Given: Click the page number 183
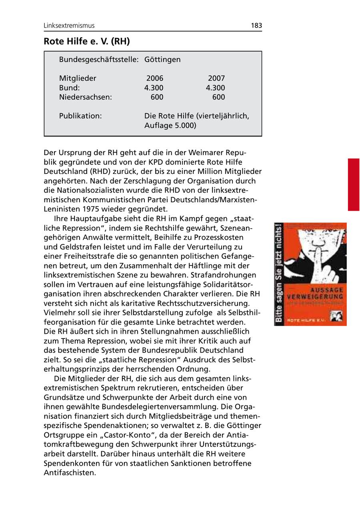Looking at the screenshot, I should click(256, 26).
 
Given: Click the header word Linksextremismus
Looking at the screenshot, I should click(69, 26).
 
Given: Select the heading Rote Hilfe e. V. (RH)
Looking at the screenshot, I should click(87, 41).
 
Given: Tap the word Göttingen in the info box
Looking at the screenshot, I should click(162, 60).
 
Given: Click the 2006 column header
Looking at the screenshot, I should click(155, 78).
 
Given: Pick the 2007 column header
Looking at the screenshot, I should click(216, 78).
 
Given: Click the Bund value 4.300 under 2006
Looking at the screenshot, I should click(154, 88).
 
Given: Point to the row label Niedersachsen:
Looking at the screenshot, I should click(86, 97).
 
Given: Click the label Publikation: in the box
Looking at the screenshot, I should click(80, 116).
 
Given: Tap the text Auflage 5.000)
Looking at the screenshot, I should click(170, 126).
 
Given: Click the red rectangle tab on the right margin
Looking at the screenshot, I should click(353, 184).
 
